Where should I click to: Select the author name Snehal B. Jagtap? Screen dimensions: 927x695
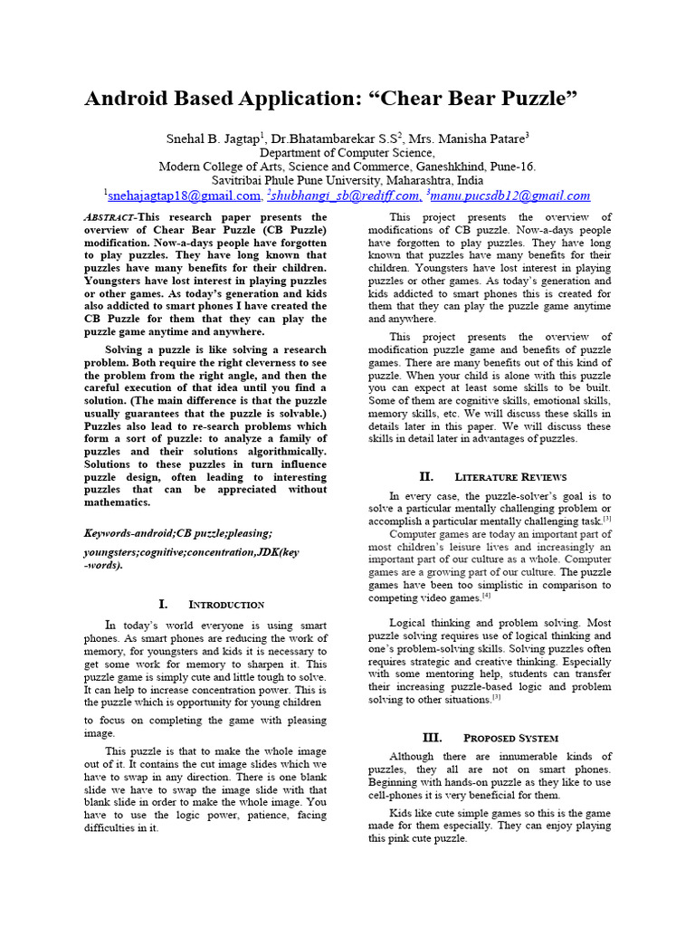214,139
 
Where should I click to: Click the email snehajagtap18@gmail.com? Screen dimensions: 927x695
185,195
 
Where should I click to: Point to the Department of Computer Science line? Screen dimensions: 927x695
347,153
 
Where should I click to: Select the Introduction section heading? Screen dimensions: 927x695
225,604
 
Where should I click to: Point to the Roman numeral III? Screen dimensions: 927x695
431,737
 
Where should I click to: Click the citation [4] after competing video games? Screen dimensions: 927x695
486,596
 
